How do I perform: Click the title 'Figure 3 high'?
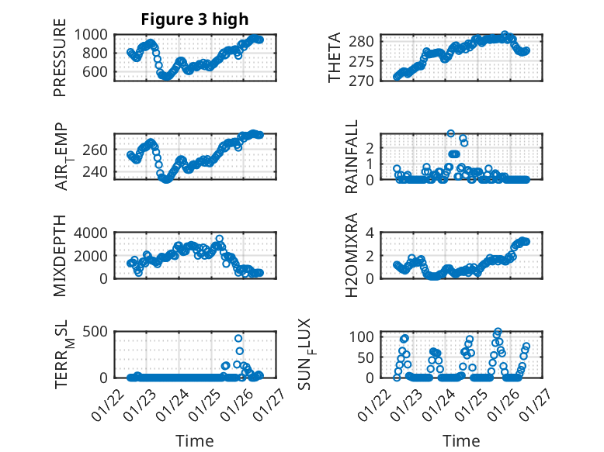point(195,19)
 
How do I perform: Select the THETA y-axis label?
point(335,57)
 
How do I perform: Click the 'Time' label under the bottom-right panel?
point(461,440)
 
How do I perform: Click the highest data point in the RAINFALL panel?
point(450,133)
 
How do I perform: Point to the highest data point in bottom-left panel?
point(238,338)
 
